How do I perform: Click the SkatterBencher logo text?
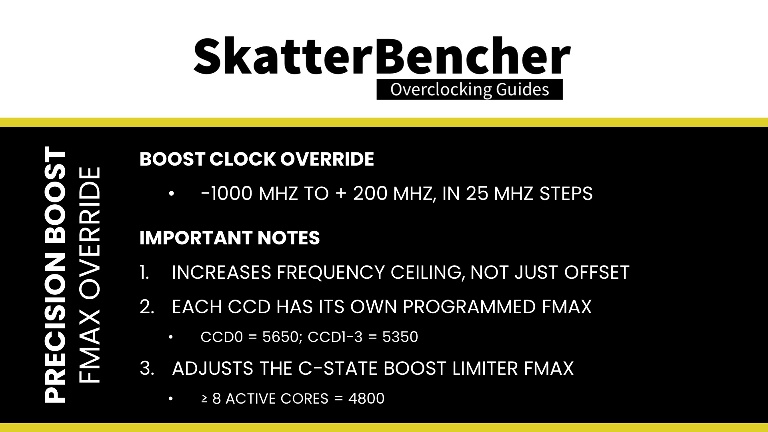[382, 56]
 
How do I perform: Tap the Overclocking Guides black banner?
[470, 90]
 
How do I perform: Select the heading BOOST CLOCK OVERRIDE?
[257, 159]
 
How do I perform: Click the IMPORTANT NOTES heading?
[230, 238]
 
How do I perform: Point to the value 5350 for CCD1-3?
[400, 337]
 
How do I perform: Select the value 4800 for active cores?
[366, 398]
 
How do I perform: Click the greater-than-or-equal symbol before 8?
[204, 399]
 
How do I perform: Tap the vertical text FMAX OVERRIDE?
[89, 275]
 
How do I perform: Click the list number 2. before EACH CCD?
[147, 307]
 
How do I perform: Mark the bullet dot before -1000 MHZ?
[172, 194]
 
